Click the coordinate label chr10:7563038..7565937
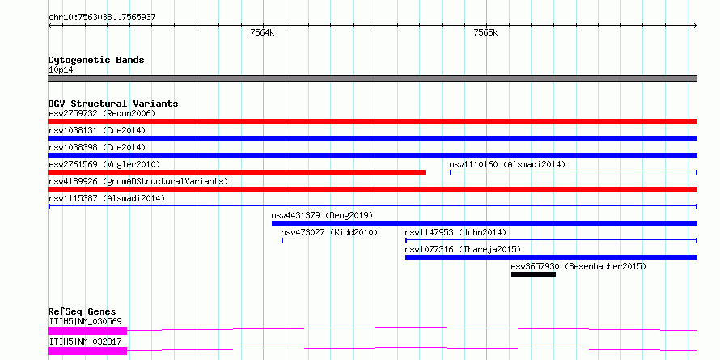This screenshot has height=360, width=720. click(x=102, y=16)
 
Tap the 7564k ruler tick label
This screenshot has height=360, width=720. click(x=262, y=33)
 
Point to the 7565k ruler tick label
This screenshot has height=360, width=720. click(x=485, y=33)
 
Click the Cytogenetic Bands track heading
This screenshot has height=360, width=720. click(x=96, y=60)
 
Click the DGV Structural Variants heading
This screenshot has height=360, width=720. click(x=112, y=104)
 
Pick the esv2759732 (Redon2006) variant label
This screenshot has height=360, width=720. click(x=102, y=113)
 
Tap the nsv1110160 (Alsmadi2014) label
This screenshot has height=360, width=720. click(x=507, y=164)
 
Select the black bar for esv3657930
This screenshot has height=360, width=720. click(x=533, y=274)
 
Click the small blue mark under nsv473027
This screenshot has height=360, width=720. click(x=282, y=240)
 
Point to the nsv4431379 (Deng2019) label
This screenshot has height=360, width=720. click(x=321, y=215)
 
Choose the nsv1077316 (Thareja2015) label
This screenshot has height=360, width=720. click(x=463, y=249)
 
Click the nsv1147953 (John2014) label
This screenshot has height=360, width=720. click(x=455, y=232)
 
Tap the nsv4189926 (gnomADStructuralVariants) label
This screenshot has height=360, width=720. click(x=138, y=181)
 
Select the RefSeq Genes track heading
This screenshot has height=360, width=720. click(x=82, y=311)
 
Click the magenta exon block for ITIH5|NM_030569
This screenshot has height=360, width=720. click(x=87, y=330)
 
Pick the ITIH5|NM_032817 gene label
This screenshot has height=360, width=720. click(x=85, y=341)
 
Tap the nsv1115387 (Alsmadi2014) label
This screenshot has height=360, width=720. click(x=107, y=198)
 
